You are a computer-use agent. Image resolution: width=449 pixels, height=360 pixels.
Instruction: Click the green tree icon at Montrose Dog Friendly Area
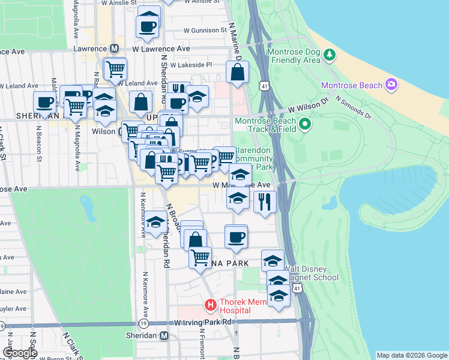329,56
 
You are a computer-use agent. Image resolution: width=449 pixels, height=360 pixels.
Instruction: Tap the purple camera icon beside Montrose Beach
391,85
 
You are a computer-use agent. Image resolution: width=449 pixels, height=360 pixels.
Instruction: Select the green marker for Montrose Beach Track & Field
305,125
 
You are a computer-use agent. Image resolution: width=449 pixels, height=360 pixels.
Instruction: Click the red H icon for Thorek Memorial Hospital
211,305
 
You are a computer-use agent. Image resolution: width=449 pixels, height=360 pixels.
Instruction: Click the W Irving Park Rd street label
203,322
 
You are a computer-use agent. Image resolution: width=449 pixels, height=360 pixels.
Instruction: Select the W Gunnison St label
206,29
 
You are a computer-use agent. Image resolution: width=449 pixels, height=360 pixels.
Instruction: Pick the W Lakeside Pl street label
191,65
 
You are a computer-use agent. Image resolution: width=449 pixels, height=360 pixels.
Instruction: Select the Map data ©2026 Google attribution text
412,355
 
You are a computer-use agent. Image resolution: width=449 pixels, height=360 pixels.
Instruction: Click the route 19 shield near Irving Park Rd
143,323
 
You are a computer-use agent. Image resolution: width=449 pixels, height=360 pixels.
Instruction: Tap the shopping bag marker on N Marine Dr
238,72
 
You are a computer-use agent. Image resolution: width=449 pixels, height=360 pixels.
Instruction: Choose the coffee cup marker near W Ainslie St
148,25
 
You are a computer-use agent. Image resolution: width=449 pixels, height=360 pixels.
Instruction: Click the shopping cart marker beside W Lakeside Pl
115,68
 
